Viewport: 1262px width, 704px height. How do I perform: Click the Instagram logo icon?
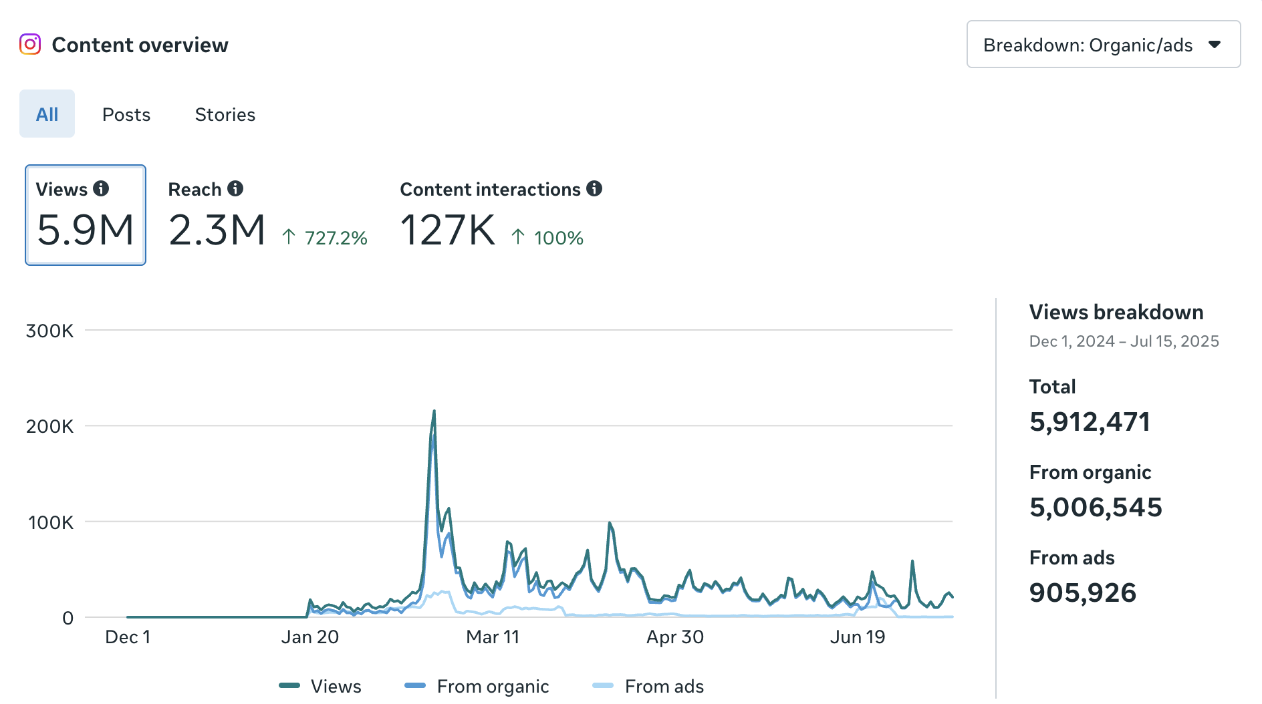[x=30, y=44]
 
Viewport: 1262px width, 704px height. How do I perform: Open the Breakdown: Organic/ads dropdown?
[x=1103, y=45]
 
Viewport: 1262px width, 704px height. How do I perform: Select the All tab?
[x=47, y=114]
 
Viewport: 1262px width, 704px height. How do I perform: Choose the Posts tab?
[x=126, y=115]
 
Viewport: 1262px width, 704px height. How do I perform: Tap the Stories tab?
[x=225, y=115]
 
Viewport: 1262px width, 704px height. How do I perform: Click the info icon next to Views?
[x=101, y=189]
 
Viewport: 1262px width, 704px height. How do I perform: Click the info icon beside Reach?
[x=235, y=189]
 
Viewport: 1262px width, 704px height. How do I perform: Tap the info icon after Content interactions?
[x=594, y=189]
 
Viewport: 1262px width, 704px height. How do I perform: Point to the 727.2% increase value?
[x=336, y=238]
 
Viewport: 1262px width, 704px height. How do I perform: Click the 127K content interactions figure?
[x=447, y=230]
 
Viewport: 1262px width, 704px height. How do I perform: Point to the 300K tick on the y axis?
[x=49, y=331]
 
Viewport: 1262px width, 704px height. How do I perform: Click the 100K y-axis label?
[x=51, y=522]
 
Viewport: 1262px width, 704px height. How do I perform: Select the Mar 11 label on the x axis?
[x=493, y=637]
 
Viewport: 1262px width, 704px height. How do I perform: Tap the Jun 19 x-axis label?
[x=857, y=637]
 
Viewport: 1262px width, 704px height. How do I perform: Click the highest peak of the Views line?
[x=434, y=412]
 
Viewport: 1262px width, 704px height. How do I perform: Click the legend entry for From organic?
[x=492, y=686]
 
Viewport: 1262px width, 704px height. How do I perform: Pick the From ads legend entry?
[x=663, y=686]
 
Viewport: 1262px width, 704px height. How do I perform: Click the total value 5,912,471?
[x=1090, y=422]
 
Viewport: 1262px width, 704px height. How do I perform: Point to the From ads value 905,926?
[x=1082, y=593]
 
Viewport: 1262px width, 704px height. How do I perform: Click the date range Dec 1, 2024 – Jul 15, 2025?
[x=1124, y=341]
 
